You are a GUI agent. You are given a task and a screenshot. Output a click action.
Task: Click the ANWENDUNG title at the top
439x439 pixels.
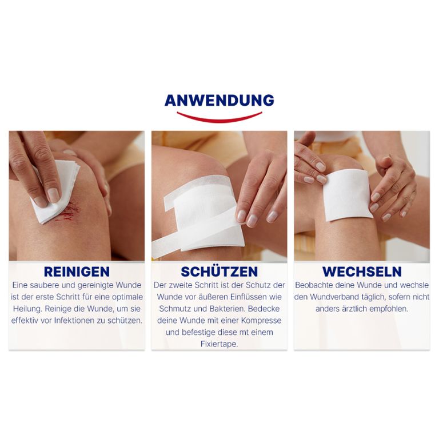(219, 101)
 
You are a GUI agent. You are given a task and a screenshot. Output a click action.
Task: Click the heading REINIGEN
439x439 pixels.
(77, 272)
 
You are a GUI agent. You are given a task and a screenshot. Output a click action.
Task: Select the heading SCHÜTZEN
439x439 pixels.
(219, 272)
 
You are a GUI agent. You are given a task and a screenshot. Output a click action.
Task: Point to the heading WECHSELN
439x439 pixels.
(362, 272)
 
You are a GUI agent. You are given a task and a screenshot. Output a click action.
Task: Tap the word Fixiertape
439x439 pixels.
(219, 344)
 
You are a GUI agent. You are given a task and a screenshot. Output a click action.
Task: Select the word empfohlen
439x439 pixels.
(389, 309)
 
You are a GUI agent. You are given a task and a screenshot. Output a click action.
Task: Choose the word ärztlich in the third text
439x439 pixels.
(354, 309)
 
